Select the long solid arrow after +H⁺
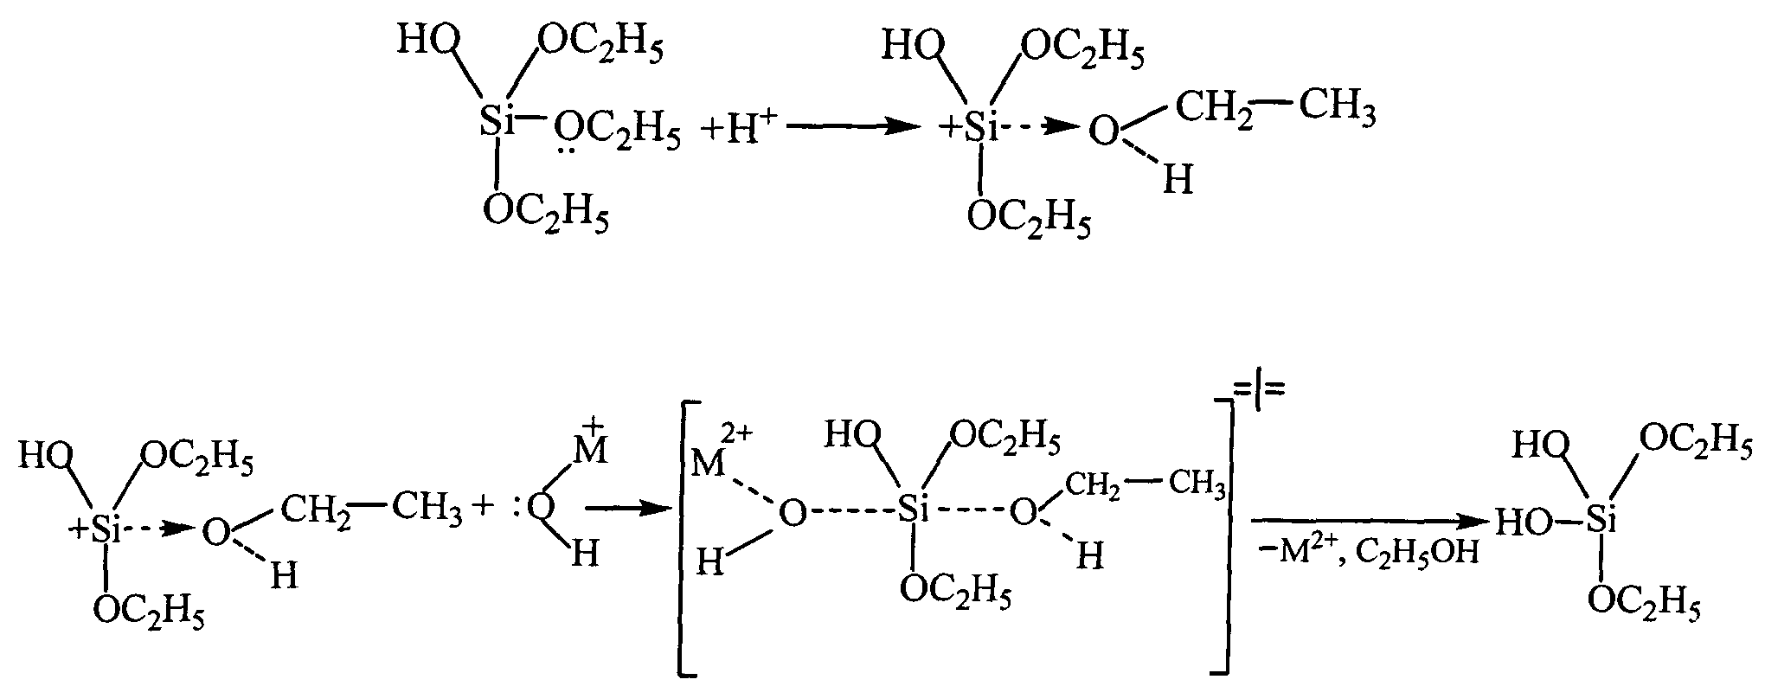pyautogui.click(x=852, y=128)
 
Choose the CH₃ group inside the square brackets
pyautogui.click(x=1197, y=485)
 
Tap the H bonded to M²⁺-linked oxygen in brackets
pyautogui.click(x=711, y=565)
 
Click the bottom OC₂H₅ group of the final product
pyautogui.click(x=1644, y=604)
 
